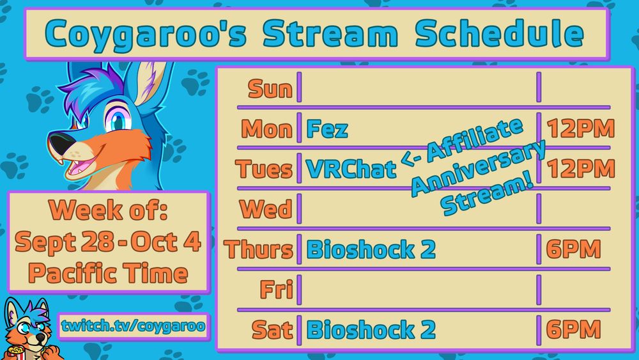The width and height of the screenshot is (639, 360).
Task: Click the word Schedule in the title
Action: (x=499, y=34)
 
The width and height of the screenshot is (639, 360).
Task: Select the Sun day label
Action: (x=270, y=89)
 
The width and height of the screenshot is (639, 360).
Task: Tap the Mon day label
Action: (x=266, y=129)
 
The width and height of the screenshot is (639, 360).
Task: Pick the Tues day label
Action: (x=263, y=169)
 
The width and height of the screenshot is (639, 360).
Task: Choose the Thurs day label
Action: (x=259, y=249)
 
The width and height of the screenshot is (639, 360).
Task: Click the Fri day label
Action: (x=275, y=290)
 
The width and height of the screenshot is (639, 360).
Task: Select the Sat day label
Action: (x=272, y=330)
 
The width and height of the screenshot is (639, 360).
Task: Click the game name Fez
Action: (x=327, y=129)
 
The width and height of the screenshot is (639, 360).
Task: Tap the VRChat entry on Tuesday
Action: (x=351, y=169)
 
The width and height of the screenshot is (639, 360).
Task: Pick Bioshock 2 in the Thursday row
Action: (x=371, y=249)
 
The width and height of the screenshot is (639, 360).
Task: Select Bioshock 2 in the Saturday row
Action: (x=371, y=330)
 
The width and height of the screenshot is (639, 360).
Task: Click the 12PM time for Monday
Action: (x=580, y=129)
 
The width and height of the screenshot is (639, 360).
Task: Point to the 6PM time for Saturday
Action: (x=573, y=330)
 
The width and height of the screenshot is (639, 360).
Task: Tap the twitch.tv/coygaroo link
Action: (x=134, y=326)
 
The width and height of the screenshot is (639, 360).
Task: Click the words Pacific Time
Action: (x=109, y=274)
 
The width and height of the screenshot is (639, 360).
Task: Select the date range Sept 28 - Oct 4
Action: (x=109, y=242)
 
